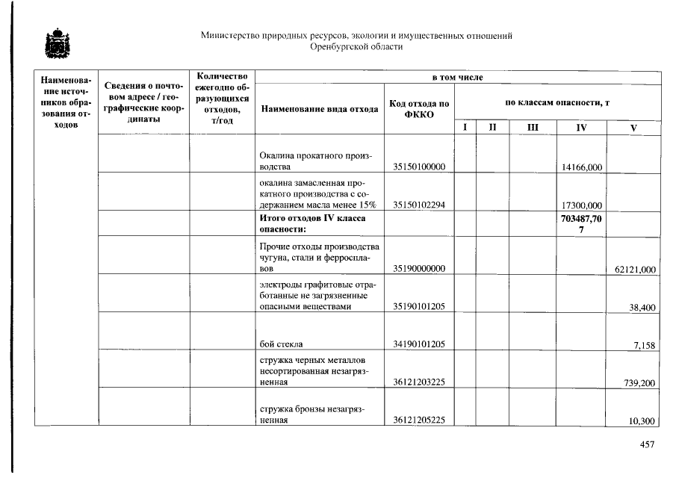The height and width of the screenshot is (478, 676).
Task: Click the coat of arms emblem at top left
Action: (x=55, y=45)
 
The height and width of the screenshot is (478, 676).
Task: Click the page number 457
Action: (x=647, y=445)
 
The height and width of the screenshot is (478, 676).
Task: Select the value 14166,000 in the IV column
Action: (x=581, y=167)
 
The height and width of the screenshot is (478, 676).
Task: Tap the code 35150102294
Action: (x=419, y=205)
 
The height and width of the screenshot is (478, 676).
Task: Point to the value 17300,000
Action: (x=581, y=205)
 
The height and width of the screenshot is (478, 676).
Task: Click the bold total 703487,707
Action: (x=581, y=223)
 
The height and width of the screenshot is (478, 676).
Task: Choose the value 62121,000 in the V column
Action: (x=635, y=269)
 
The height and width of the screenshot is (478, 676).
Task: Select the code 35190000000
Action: (x=419, y=269)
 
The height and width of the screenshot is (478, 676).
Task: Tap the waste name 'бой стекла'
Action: (x=281, y=344)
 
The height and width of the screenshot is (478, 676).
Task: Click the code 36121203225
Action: (x=419, y=383)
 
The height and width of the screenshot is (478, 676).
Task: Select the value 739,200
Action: (x=639, y=383)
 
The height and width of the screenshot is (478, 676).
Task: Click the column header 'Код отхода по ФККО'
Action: (x=419, y=108)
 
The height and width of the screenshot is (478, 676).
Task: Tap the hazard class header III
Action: (x=533, y=128)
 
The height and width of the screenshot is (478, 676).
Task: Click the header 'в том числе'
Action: (x=457, y=77)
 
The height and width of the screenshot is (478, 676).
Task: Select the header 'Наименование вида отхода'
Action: (x=319, y=109)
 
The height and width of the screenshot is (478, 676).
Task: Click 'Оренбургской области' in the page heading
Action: (x=356, y=46)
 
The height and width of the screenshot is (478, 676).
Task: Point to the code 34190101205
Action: (x=419, y=344)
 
